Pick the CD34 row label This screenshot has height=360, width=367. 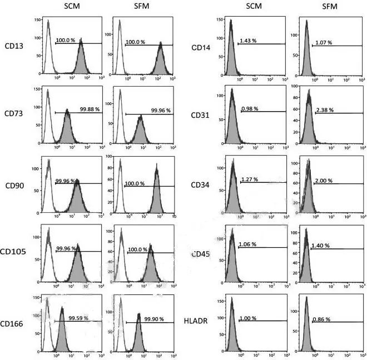click(x=200, y=184)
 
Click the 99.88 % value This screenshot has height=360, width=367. click(x=90, y=109)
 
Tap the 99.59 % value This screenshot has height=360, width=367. click(x=78, y=318)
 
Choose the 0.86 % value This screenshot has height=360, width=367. click(x=321, y=319)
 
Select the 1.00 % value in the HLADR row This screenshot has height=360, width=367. click(x=249, y=318)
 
